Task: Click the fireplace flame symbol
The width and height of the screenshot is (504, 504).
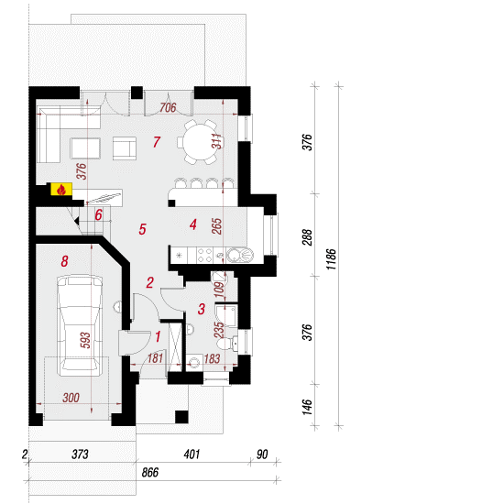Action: (61, 190)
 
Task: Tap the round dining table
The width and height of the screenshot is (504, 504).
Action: (200, 142)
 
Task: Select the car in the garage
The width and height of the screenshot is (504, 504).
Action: (80, 325)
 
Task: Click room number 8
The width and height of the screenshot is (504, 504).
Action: (65, 261)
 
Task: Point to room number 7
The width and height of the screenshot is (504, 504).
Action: (157, 142)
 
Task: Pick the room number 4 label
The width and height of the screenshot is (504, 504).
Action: (192, 225)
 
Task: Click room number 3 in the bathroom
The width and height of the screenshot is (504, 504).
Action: (202, 309)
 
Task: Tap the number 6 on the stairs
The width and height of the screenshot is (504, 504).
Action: (98, 214)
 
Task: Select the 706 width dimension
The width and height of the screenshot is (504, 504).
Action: (168, 108)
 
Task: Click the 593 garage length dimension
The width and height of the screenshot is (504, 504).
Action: (85, 340)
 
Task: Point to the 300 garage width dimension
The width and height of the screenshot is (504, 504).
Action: (71, 398)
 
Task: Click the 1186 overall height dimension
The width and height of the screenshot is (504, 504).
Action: (331, 259)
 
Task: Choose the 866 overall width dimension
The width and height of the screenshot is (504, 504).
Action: (150, 472)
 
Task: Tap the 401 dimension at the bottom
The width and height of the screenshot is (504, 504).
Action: (192, 455)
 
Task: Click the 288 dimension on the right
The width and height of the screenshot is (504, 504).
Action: (307, 237)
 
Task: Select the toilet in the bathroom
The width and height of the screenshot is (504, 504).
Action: (228, 344)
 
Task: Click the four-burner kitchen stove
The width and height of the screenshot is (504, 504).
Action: (204, 256)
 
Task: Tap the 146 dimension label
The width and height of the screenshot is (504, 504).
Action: (307, 407)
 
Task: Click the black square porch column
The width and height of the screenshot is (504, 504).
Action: (181, 417)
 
